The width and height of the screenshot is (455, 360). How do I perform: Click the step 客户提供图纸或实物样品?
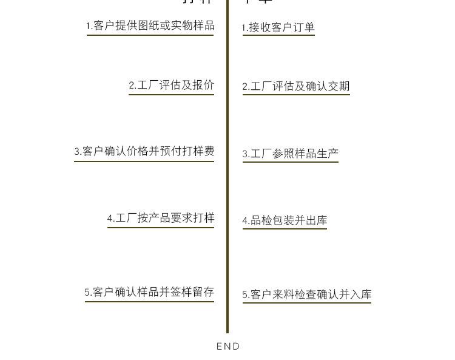tap(150, 25)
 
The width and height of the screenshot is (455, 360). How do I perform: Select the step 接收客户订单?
tap(278, 27)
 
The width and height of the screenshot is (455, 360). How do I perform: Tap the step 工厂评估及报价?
tap(172, 86)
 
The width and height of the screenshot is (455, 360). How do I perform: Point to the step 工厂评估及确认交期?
tap(296, 86)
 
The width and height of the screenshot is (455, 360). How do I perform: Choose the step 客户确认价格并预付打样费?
tap(144, 151)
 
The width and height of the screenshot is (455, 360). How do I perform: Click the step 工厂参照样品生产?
tap(291, 154)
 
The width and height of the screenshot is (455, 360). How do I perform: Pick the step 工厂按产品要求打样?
tap(161, 218)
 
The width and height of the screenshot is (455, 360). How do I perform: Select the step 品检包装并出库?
tap(285, 220)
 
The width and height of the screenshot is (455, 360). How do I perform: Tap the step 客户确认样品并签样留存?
tap(149, 292)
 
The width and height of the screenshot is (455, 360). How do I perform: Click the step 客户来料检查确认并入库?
tap(307, 294)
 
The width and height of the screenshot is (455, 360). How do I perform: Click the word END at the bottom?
tap(228, 347)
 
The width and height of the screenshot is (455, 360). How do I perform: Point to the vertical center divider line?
tap(227, 182)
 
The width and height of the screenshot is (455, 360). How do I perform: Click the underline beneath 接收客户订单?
tap(278, 35)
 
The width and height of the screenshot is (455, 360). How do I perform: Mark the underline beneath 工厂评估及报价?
tap(171, 94)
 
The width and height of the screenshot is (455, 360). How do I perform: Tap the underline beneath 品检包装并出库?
tap(285, 228)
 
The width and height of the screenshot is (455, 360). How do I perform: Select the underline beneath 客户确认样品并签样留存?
tap(149, 301)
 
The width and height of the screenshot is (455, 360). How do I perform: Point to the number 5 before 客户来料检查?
tap(245, 295)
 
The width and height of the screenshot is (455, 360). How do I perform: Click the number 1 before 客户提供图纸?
tap(88, 26)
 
